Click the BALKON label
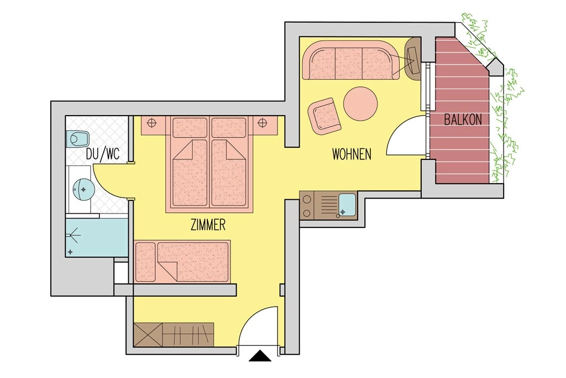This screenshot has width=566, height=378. coord(463,120)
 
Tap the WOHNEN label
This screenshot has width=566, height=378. coord(352,154)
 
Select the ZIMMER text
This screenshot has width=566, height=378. coord(207,225)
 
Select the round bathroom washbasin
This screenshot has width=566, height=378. coord(83,189)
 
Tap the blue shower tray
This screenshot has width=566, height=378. coord(96,237)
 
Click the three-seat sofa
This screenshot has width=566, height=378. coord(349,60)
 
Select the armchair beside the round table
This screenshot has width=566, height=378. coord(324,116)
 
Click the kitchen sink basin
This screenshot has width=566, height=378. coord(347,204)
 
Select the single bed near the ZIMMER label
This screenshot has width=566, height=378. coord(182,261)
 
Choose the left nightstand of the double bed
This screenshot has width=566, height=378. coord(154,125)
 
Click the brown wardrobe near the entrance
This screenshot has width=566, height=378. coord(174,335)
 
